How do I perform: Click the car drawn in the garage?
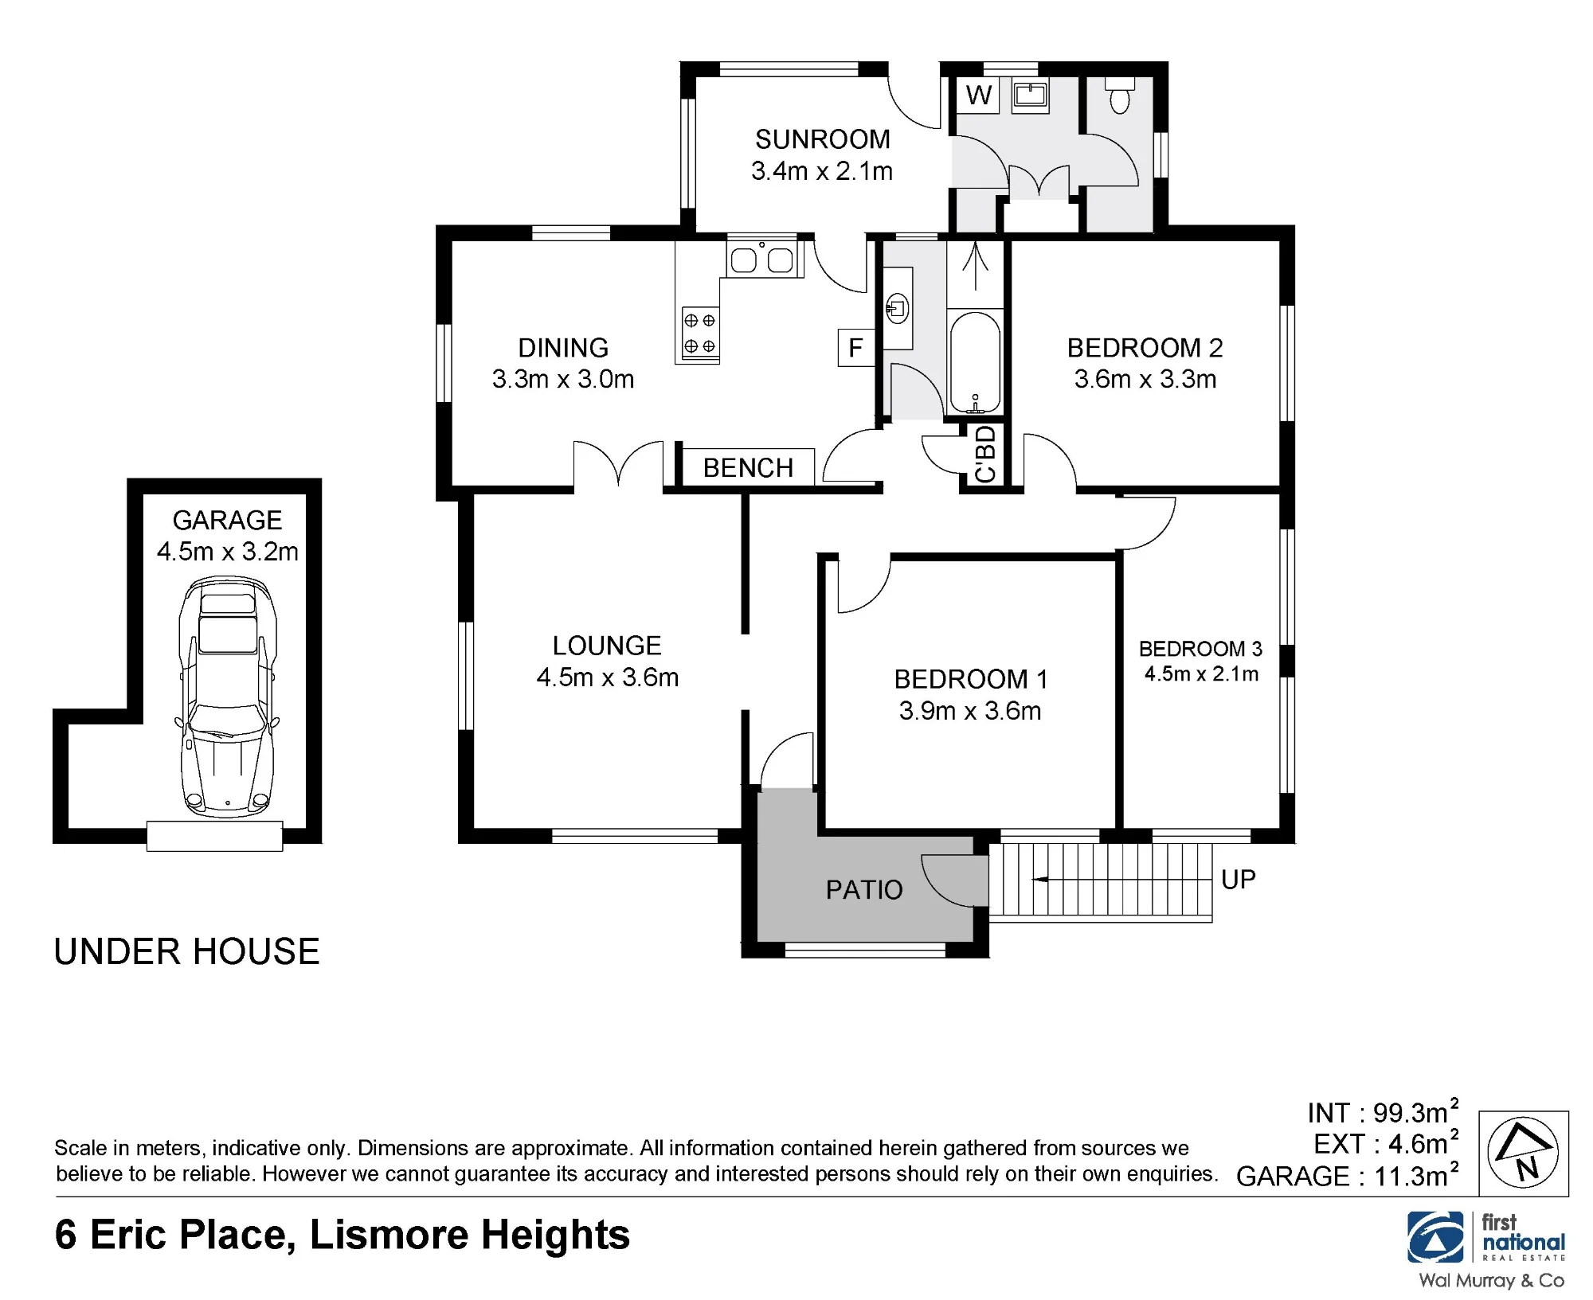pos(229,697)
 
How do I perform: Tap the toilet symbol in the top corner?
pos(1120,95)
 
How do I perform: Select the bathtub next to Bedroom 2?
pos(975,363)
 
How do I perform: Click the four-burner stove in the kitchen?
pos(700,333)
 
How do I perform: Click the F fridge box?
pos(856,348)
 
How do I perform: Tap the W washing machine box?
pos(978,95)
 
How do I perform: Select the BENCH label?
pos(748,467)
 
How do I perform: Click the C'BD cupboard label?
pos(985,454)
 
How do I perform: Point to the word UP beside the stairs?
pos(1239,879)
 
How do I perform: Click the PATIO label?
pos(864,889)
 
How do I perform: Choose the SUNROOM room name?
pos(823,139)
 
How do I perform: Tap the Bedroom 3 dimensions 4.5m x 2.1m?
pos(1201,674)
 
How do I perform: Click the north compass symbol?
pos(1524,1153)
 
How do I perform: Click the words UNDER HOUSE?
pos(186,951)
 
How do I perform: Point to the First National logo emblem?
pos(1435,1237)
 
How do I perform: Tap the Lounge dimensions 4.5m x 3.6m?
pos(608,677)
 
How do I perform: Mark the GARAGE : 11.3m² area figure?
pos(1348,1174)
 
